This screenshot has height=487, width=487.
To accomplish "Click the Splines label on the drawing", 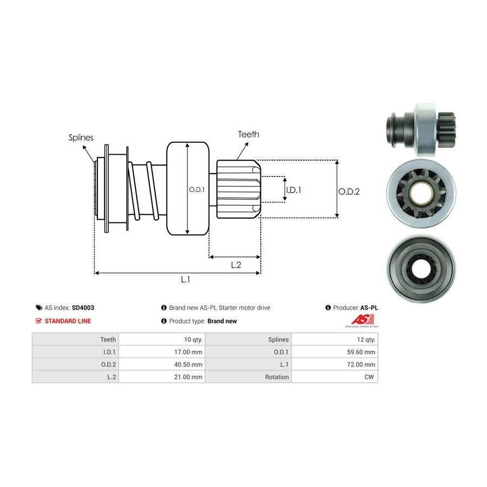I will point(81,137).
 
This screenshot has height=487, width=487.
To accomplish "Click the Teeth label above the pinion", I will point(248,134).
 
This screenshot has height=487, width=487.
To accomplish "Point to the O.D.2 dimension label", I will point(349,191).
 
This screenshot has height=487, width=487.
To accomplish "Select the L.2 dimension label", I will point(235,265).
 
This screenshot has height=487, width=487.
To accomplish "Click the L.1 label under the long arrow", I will point(186,279).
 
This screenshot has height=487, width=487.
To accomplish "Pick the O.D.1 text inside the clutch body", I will point(196,190).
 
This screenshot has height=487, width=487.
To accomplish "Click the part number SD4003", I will point(83,307).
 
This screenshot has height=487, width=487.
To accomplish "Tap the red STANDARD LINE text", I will point(68,321).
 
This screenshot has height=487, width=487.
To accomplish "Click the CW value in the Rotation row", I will point(370,377).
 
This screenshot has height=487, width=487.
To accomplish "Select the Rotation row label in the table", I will point(277,377).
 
